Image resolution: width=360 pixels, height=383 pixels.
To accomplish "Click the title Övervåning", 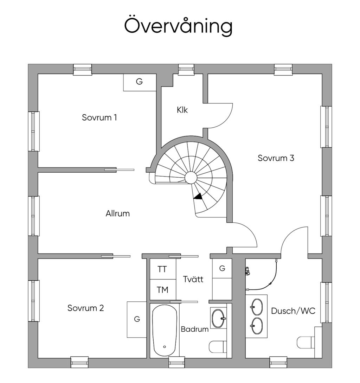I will [178, 26].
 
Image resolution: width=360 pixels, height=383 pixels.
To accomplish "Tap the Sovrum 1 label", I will [99, 117].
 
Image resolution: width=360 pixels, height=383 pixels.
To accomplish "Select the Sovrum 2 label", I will [85, 308].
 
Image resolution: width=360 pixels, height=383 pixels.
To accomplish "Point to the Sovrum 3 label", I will [276, 158].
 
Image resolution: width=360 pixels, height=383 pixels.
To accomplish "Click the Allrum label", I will [117, 213].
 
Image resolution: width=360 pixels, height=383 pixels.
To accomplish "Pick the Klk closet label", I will [182, 110].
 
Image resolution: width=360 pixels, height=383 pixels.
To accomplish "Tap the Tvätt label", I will [193, 279].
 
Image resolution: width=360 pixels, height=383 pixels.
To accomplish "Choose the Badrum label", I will [194, 329].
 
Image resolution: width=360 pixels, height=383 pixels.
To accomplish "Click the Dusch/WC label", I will [293, 311].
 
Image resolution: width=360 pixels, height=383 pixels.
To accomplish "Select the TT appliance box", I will [162, 269].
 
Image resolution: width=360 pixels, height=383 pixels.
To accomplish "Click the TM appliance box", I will [162, 290].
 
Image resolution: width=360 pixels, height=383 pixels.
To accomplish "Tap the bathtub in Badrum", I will [164, 330].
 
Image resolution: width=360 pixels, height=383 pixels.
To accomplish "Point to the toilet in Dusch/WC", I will [304, 342].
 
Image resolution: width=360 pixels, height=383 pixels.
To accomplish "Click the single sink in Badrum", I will [219, 318].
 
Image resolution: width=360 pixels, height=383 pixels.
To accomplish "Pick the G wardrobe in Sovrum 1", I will [139, 82].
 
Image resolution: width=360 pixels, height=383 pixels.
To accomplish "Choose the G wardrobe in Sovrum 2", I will [137, 319].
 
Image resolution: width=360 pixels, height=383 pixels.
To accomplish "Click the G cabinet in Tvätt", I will [222, 269].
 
